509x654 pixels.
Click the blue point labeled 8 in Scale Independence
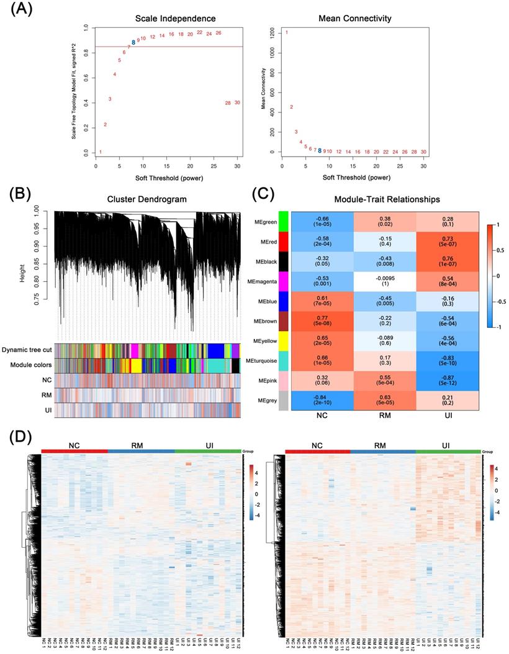(x=133, y=42)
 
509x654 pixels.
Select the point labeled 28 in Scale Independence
(x=228, y=103)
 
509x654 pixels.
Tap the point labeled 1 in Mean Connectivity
(x=287, y=32)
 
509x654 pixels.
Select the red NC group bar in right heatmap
(x=317, y=450)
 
